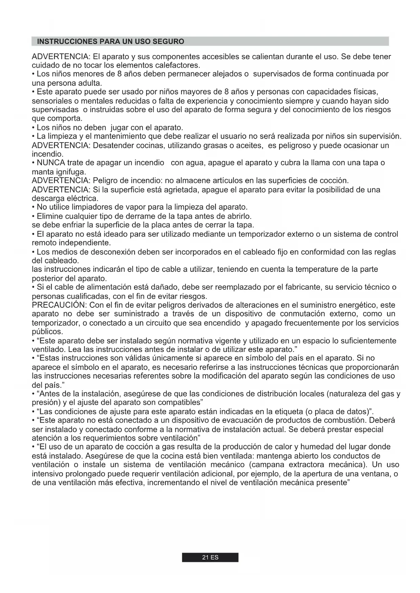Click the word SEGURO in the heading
click(x=169, y=42)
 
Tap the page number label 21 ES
click(x=210, y=558)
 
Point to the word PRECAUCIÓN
click(x=59, y=305)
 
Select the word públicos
click(x=47, y=332)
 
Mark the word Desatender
click(x=111, y=145)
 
